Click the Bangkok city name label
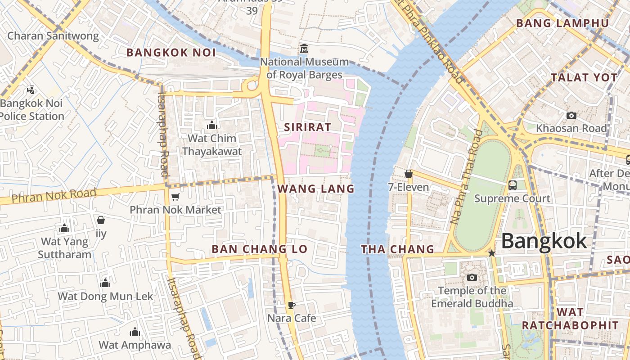pyautogui.click(x=544, y=241)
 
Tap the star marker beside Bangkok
pyautogui.click(x=492, y=253)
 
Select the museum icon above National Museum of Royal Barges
pyautogui.click(x=304, y=48)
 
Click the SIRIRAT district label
pyautogui.click(x=307, y=127)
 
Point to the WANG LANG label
pyautogui.click(x=316, y=189)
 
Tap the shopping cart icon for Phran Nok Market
pyautogui.click(x=175, y=197)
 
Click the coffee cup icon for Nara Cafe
pyautogui.click(x=291, y=305)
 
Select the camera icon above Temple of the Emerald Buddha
pyautogui.click(x=472, y=277)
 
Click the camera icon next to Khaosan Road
pyautogui.click(x=571, y=116)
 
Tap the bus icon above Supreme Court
pyautogui.click(x=512, y=185)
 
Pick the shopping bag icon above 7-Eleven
pyautogui.click(x=408, y=174)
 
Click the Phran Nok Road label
pyautogui.click(x=54, y=196)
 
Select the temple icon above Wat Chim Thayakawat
pyautogui.click(x=211, y=125)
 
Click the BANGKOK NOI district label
pyautogui.click(x=171, y=53)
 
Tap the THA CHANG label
pyautogui.click(x=398, y=249)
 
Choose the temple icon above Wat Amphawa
pyautogui.click(x=135, y=332)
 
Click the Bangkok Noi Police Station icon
pyautogui.click(x=31, y=90)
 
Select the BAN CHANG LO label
pyautogui.click(x=260, y=249)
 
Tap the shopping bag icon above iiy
pyautogui.click(x=101, y=220)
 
